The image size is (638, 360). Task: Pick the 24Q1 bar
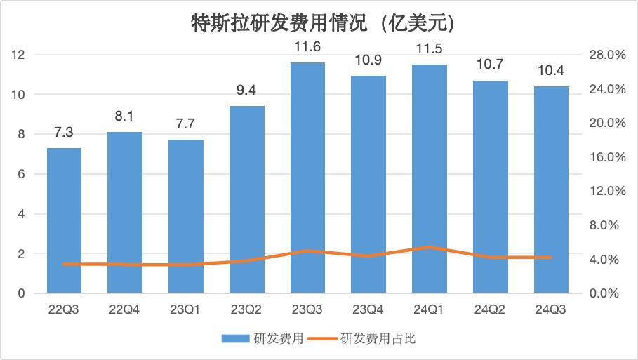(x=430, y=178)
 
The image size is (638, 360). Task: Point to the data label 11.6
(x=307, y=47)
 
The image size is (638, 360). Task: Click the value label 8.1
(x=125, y=116)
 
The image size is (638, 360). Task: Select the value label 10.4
(x=551, y=71)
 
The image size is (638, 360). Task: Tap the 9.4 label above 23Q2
(x=247, y=91)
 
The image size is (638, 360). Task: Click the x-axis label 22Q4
(x=125, y=309)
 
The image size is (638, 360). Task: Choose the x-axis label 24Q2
(x=490, y=309)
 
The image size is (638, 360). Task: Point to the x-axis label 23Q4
(x=368, y=309)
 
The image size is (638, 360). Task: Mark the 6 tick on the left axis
(x=22, y=174)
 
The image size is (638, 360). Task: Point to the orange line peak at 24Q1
(x=430, y=247)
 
